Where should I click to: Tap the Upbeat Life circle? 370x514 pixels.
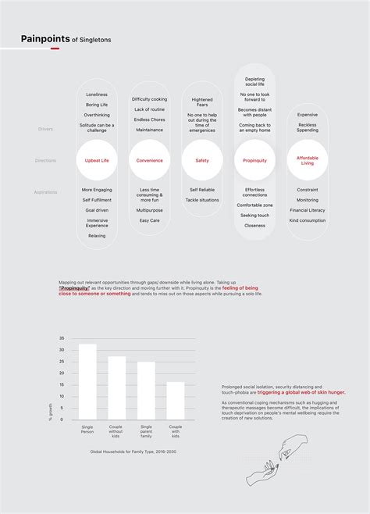pos(97,160)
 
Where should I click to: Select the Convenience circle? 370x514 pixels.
pos(149,160)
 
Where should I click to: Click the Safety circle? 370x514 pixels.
pos(201,160)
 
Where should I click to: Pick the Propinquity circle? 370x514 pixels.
pos(254,160)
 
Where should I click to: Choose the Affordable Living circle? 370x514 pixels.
pos(308,160)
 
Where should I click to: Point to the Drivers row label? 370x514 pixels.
pos(46,128)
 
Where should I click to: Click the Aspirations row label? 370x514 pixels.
pos(46,191)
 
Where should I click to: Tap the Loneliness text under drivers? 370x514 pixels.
pos(97,95)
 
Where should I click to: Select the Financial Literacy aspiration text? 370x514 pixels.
pos(308,210)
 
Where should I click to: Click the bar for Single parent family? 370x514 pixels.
pos(146,390)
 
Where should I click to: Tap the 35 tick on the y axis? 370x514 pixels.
pos(62,338)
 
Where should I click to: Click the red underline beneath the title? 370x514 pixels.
pos(55,48)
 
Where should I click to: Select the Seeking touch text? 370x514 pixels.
pos(254,215)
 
